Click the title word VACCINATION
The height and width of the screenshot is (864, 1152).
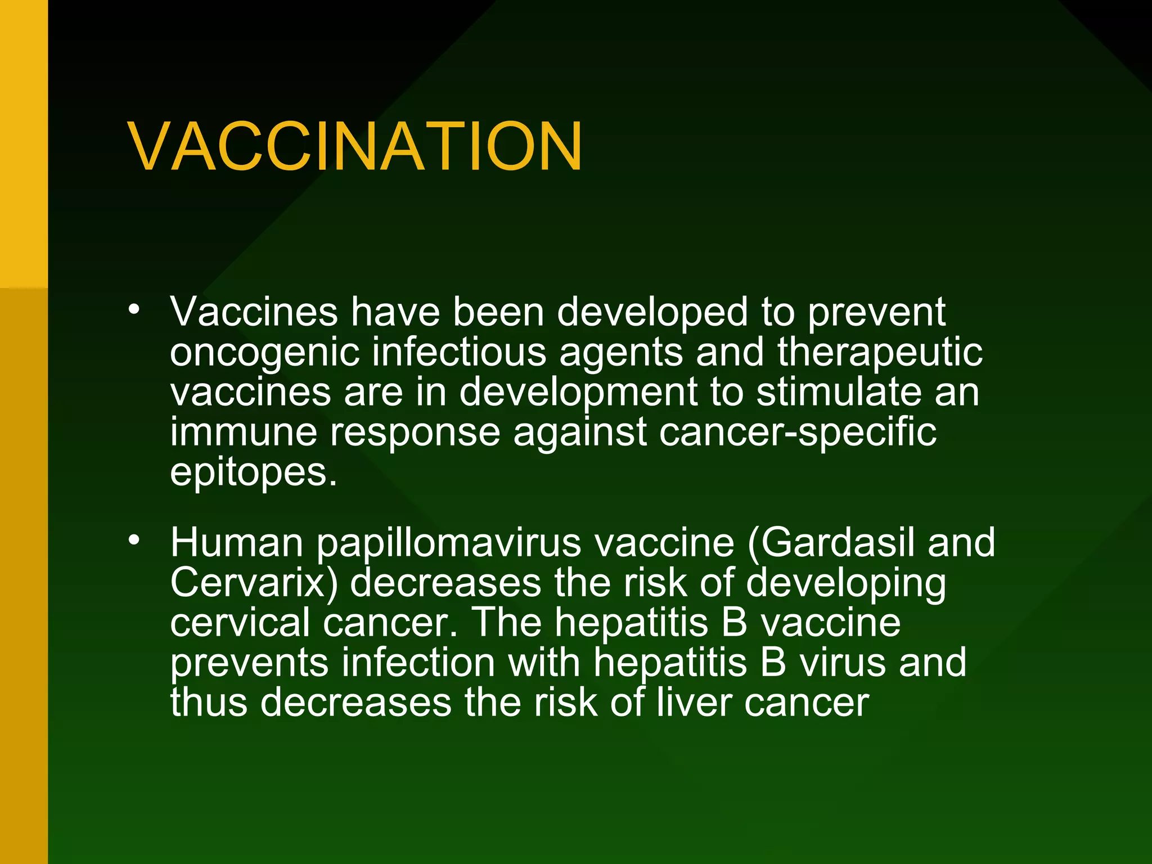[x=355, y=147]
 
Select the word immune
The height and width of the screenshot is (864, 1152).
[x=244, y=432]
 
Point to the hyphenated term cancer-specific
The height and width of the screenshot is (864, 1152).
[x=798, y=433]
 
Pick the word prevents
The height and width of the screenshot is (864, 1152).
[x=249, y=664]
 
